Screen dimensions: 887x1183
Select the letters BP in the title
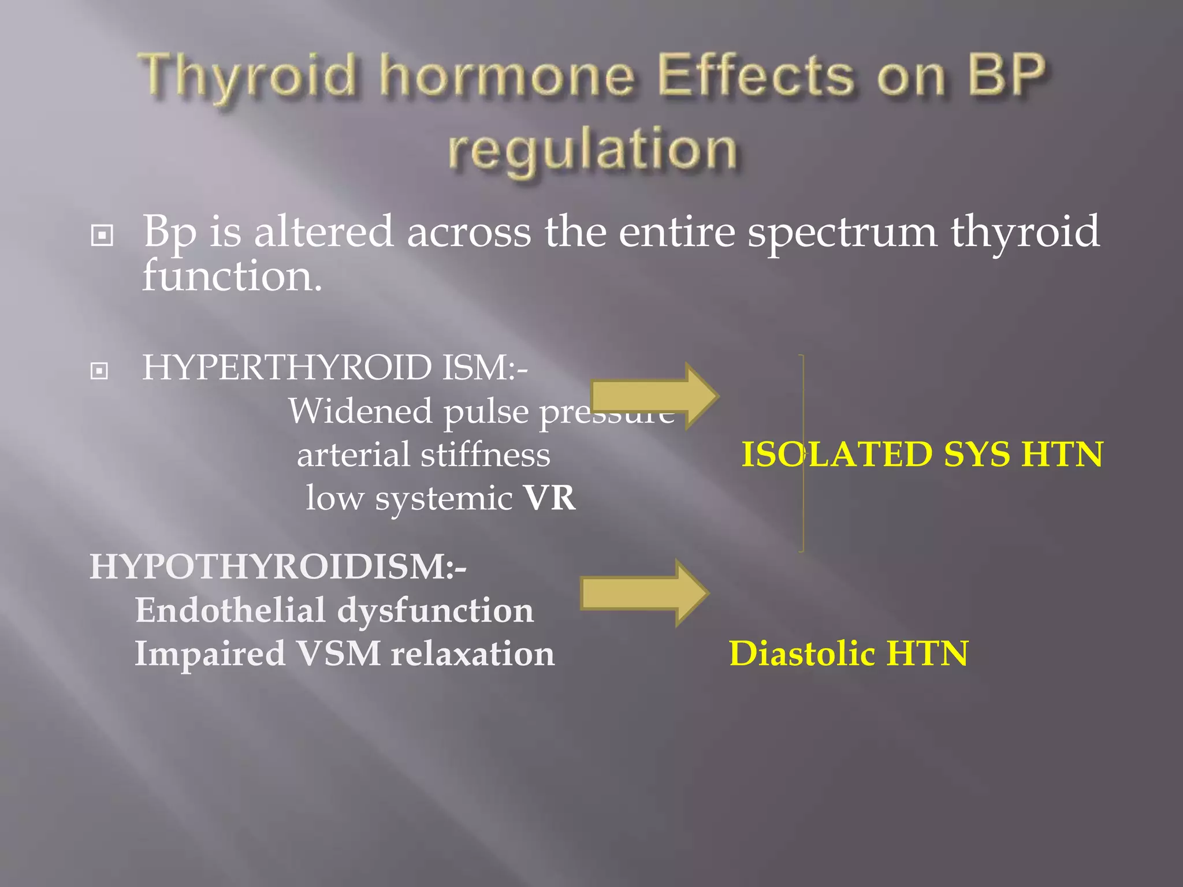[x=1006, y=75]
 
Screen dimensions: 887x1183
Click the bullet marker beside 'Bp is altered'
[x=102, y=235]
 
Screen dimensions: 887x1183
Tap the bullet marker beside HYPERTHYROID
[x=99, y=370]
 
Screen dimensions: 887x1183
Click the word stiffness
[x=485, y=454]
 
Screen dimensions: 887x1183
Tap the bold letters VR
[x=549, y=498]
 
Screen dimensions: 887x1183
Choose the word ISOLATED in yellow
[x=836, y=454]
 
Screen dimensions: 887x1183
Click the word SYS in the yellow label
[x=976, y=454]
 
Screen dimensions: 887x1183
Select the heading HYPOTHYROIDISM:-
[x=278, y=567]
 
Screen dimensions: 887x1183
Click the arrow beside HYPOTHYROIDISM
[x=645, y=593]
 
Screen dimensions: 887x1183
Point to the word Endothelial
[x=230, y=610]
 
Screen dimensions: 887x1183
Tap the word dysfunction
[x=436, y=610]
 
